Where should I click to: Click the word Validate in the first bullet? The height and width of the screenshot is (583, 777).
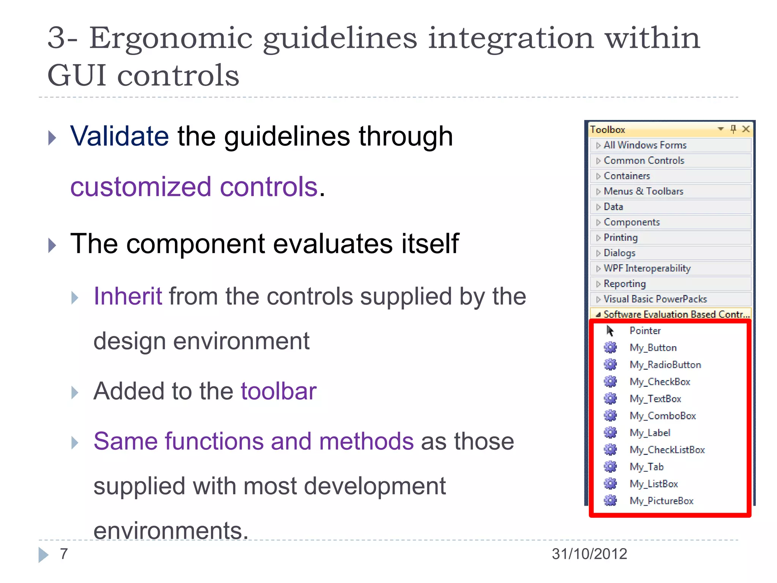pyautogui.click(x=120, y=136)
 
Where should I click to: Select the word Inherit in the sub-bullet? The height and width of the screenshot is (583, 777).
pyautogui.click(x=128, y=296)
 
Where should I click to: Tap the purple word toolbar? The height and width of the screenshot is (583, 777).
pyautogui.click(x=278, y=391)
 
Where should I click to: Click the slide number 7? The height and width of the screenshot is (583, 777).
pyautogui.click(x=64, y=554)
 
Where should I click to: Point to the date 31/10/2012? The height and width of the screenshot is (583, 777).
pyautogui.click(x=589, y=554)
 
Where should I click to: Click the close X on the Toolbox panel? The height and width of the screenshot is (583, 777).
pyautogui.click(x=746, y=129)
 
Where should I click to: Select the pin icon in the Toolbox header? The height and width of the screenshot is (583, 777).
pyautogui.click(x=733, y=129)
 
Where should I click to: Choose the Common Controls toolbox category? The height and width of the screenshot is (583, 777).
pyautogui.click(x=644, y=161)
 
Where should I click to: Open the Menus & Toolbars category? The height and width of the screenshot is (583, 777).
pyautogui.click(x=643, y=191)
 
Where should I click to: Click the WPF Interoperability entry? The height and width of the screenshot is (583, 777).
pyautogui.click(x=647, y=268)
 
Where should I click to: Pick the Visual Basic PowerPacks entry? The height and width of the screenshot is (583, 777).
pyautogui.click(x=655, y=299)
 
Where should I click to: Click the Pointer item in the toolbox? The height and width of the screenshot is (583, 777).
pyautogui.click(x=645, y=331)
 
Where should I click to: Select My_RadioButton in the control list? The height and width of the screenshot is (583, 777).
pyautogui.click(x=665, y=365)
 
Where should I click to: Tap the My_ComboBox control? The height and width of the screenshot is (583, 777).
pyautogui.click(x=662, y=416)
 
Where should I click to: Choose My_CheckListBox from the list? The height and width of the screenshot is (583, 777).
pyautogui.click(x=667, y=450)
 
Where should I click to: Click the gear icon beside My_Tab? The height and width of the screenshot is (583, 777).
pyautogui.click(x=610, y=466)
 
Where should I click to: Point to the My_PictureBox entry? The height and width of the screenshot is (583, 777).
pyautogui.click(x=661, y=501)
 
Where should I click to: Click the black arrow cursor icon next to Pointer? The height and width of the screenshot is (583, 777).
pyautogui.click(x=610, y=331)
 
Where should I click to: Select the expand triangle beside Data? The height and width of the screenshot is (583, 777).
pyautogui.click(x=598, y=207)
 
